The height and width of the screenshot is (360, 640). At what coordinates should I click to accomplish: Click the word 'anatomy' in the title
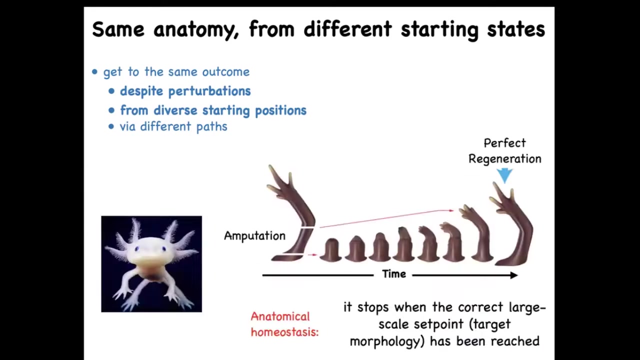click(196, 29)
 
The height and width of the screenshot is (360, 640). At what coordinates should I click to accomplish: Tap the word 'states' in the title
click(516, 29)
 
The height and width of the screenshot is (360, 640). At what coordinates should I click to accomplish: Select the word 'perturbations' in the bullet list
click(209, 91)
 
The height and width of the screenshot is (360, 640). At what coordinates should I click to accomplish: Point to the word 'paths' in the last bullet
click(211, 126)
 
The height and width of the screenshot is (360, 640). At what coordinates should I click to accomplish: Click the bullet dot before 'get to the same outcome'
click(94, 71)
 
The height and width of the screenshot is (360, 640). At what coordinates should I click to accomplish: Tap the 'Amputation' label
click(254, 236)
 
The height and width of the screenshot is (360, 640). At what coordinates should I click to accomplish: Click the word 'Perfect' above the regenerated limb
click(504, 143)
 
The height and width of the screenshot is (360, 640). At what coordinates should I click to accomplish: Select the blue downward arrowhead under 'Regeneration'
click(504, 175)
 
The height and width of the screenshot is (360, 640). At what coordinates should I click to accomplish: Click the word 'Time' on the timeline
click(394, 274)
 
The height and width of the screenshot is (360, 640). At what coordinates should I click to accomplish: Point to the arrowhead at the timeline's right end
click(514, 275)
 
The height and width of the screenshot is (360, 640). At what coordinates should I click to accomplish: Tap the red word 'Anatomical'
click(280, 316)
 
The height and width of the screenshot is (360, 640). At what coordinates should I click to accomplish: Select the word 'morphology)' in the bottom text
click(387, 341)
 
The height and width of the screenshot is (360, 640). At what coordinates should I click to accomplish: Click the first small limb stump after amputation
click(330, 250)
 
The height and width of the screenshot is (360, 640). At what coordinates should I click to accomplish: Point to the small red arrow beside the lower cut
click(312, 254)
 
